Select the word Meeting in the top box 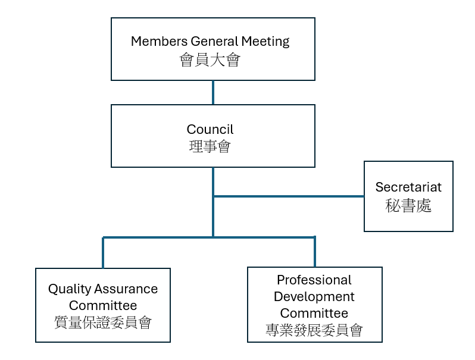coord(265,42)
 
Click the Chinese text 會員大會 coord(210,60)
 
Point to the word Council coord(210,129)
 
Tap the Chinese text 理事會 coord(210,147)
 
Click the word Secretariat coord(408,187)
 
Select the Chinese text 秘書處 coord(408,205)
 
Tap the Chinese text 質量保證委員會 coord(103,323)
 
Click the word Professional coord(314,280)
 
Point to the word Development coord(314,296)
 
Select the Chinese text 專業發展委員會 coord(314,330)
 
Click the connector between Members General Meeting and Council coord(213,93)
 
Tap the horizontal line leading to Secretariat coord(289,196)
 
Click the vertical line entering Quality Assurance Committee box coord(103,253)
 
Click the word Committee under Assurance coord(103,306)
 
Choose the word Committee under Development coord(314,313)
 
